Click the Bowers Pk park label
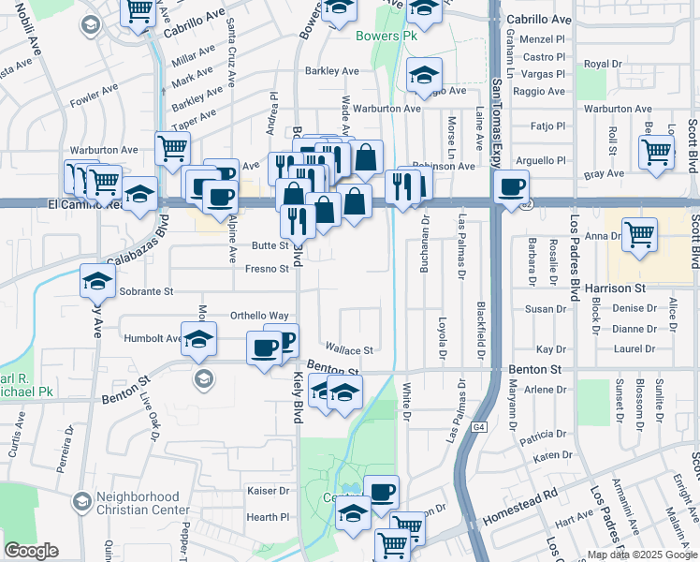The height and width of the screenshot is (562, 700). pos(386,37)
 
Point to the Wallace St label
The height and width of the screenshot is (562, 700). pos(349,350)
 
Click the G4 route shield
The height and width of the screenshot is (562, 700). pos(479,427)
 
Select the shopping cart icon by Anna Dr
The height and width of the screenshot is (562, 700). pos(639,233)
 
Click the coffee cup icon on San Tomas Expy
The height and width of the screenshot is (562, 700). pos(512,186)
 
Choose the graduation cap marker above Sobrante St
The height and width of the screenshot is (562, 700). pos(98,280)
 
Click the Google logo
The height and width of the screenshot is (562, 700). pos(31,551)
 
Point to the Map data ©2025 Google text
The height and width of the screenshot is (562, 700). pos(641,555)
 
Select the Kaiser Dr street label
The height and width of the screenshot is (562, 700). pos(268,491)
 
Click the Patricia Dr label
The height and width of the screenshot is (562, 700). pos(546,436)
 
